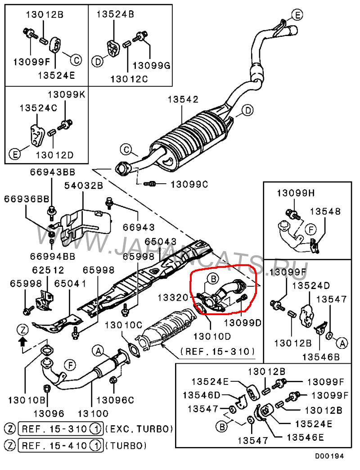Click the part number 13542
tap(183, 99)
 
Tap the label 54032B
tap(84, 185)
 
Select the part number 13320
tap(173, 297)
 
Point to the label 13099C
tap(189, 184)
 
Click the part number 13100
tap(93, 414)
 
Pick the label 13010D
tap(212, 336)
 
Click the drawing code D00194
tap(329, 456)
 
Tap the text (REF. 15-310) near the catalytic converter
tap(218, 351)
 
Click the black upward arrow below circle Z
tap(23, 341)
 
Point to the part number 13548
tap(325, 211)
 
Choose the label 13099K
tap(67, 95)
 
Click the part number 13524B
tap(115, 14)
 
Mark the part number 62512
tap(48, 270)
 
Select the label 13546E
tap(305, 437)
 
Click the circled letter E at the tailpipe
tap(297, 15)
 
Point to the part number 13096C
tap(115, 400)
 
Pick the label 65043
tap(161, 241)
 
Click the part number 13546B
tap(321, 357)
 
